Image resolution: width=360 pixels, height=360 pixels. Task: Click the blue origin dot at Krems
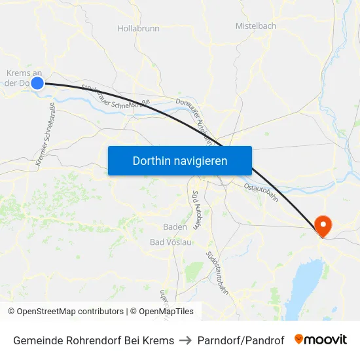coord(37,82)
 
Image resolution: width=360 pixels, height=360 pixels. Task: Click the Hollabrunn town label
coord(138,29)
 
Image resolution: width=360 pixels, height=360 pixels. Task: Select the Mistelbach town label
coord(256,26)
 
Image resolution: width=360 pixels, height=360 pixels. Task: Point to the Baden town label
coord(175,227)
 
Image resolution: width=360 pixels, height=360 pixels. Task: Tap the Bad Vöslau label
coord(171,242)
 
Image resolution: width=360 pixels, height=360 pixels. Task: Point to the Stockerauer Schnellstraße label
coord(116,97)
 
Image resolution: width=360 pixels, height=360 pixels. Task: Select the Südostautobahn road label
coord(217,272)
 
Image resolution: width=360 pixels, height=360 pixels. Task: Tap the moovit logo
coord(321,340)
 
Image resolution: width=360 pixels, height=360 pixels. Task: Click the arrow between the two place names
coord(186,340)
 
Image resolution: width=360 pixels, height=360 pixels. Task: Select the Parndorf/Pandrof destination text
coord(241,340)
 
